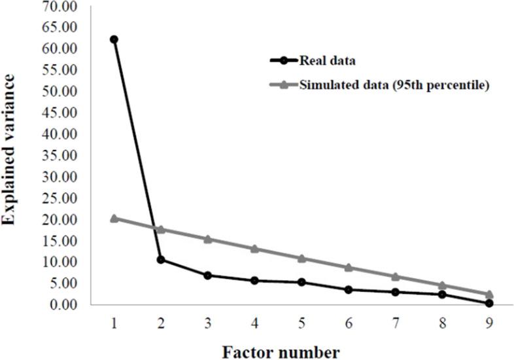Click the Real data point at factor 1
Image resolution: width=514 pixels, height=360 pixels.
point(114,39)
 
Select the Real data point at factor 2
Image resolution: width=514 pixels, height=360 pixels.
point(161,260)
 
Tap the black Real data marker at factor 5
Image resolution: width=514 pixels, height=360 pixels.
point(301,282)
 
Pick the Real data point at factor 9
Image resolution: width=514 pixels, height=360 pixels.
point(489,303)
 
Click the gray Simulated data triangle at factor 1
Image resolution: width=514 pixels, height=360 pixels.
point(114,218)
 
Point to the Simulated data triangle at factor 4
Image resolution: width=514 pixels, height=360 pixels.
point(254,249)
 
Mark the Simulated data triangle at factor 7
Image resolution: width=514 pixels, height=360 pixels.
point(395,277)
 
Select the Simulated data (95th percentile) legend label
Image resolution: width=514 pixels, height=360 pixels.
point(394,84)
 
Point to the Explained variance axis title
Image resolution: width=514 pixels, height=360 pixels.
point(11,149)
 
